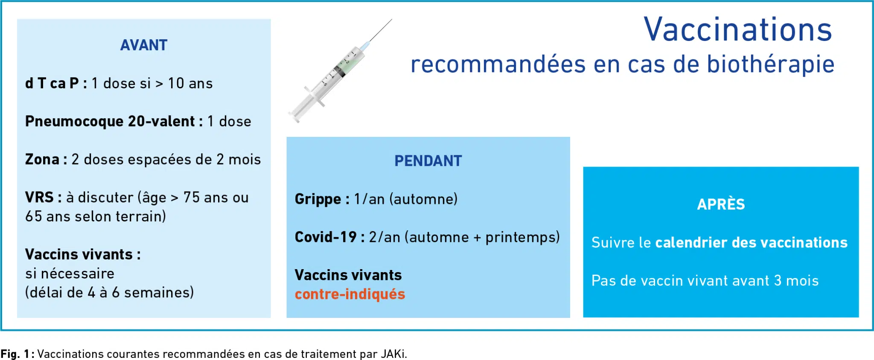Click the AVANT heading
(144, 45)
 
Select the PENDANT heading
(428, 161)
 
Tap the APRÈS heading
(721, 204)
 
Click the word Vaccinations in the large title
(738, 29)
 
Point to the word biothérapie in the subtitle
(771, 64)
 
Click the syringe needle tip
(391, 19)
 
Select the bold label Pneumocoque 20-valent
(110, 121)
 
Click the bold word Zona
(42, 159)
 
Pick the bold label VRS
(39, 197)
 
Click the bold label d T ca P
(52, 83)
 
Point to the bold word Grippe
(318, 199)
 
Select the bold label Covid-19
(326, 237)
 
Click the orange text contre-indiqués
(350, 294)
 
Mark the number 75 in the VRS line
(192, 197)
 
